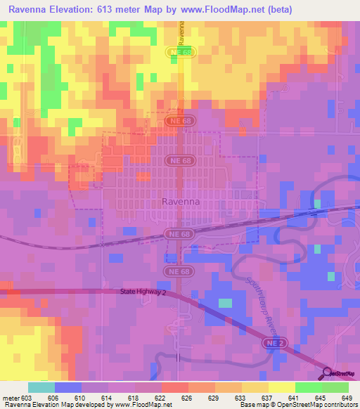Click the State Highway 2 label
coord(143,292)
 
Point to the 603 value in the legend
coord(25,398)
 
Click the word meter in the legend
coord(9,398)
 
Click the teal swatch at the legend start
coord(41,387)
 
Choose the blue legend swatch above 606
coord(67,387)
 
